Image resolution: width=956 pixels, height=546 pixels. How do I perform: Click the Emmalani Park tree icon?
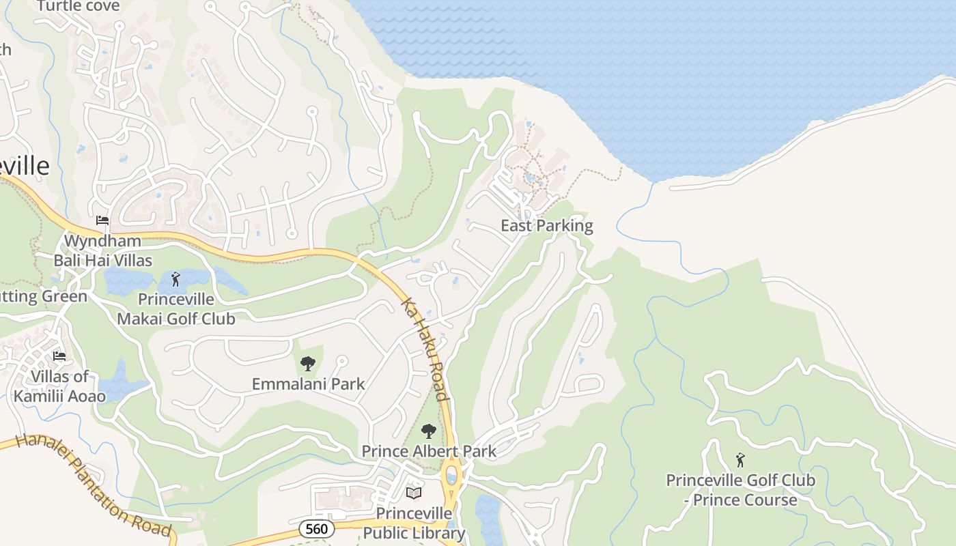[x=308, y=363]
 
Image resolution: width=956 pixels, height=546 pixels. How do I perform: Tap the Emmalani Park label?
[x=309, y=384]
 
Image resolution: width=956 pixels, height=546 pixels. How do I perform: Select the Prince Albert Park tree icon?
[x=428, y=431]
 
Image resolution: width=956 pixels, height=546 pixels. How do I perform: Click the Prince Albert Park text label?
[x=429, y=451]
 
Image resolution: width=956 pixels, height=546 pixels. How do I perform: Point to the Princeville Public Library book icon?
[x=414, y=493]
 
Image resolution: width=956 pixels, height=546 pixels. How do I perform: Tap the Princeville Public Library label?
[x=414, y=523]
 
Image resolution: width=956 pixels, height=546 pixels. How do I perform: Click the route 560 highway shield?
[x=317, y=528]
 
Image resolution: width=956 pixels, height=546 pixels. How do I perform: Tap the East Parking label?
[x=547, y=225]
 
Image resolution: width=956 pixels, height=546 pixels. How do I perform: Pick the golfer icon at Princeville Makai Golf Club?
[x=175, y=279]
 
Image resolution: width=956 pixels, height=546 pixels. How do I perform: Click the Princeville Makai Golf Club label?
[x=176, y=309]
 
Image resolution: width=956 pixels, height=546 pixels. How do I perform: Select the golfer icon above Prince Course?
[x=740, y=460]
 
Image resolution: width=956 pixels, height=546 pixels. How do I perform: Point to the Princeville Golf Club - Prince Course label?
[x=740, y=490]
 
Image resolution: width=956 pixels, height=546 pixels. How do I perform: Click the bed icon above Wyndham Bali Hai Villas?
[x=102, y=220]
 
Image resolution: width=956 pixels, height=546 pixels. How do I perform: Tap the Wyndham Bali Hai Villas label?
[x=103, y=250]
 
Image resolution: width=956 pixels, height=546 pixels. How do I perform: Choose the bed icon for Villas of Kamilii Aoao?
[x=59, y=356]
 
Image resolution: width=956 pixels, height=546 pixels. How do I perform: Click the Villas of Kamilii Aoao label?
[x=59, y=386]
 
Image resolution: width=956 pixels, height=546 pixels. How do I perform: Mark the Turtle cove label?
[x=78, y=6]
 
